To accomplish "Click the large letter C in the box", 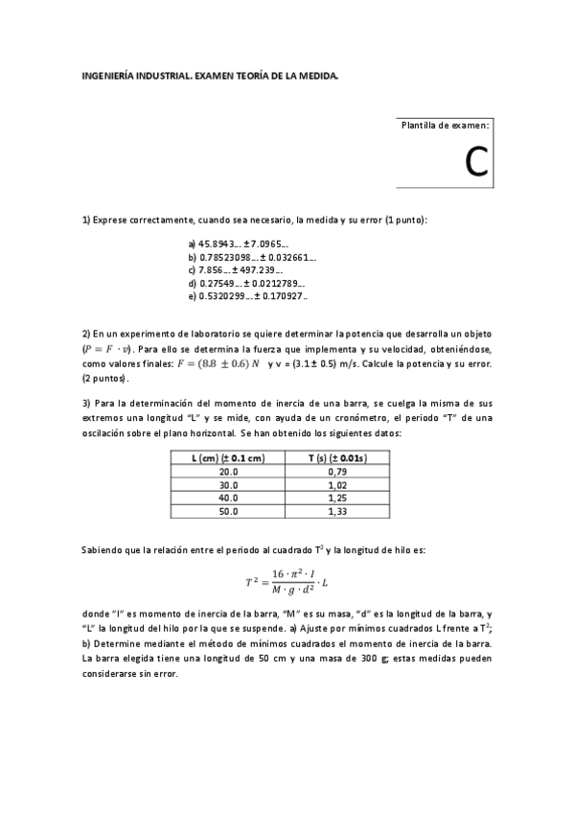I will coord(476,163).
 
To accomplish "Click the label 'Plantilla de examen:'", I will coord(445,126).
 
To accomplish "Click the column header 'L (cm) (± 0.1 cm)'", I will coord(228,459).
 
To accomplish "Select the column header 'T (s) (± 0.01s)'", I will coord(336,459).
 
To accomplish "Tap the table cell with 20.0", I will coord(228,472).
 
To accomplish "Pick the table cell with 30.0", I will coord(228,485).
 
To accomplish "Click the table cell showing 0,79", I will coord(336,472).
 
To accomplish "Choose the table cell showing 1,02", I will coord(336,485).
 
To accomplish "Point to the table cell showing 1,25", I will coord(336,499).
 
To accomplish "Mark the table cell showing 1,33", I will coord(336,512).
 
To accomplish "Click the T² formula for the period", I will coord(287,580).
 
